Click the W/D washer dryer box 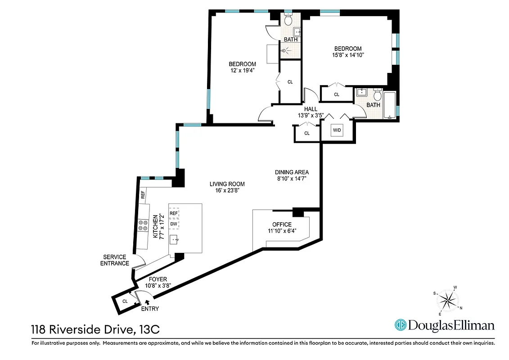337,131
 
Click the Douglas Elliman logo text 451,325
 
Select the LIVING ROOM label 227,184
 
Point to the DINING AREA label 292,172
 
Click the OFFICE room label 282,225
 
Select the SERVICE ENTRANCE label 114,260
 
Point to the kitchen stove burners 143,225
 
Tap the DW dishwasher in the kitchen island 174,224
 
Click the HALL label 311,109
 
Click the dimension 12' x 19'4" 242,70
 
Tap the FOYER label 158,279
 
